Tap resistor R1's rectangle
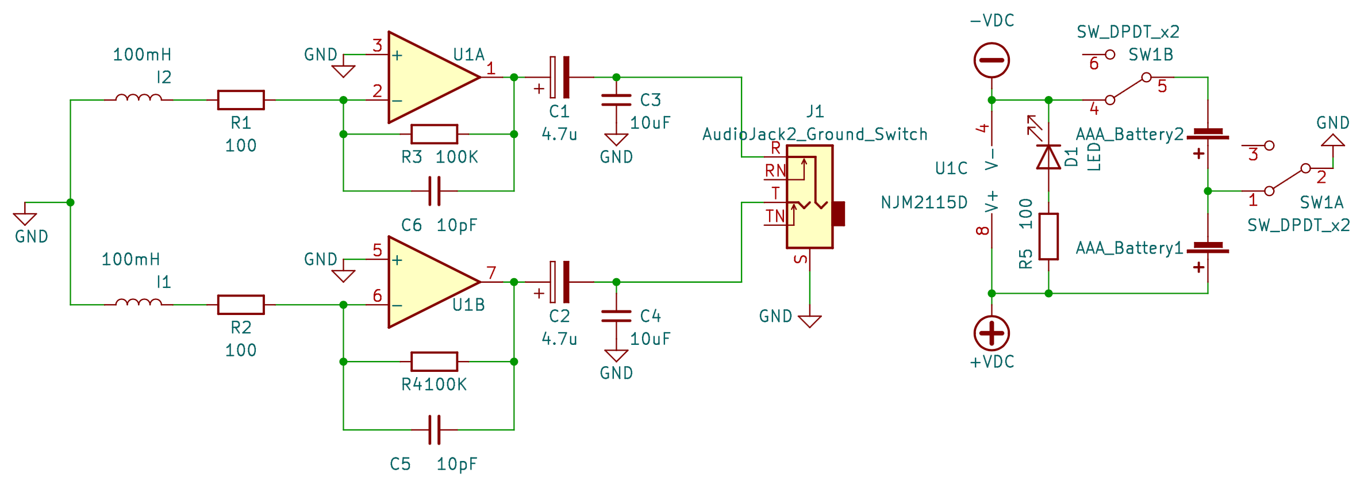[x=241, y=100]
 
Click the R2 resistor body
[x=241, y=305]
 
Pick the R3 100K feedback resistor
[x=435, y=134]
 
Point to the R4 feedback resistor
[x=435, y=362]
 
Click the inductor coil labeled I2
[x=139, y=98]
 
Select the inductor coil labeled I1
[x=139, y=302]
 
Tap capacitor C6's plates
[x=435, y=191]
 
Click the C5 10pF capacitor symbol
[x=435, y=430]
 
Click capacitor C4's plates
[x=616, y=316]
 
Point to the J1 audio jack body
[x=810, y=197]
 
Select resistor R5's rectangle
[x=1048, y=236]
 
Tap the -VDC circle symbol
[x=992, y=60]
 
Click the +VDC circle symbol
[x=992, y=333]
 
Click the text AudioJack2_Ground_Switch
[x=815, y=134]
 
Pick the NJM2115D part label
[x=924, y=202]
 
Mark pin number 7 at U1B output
[x=491, y=272]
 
